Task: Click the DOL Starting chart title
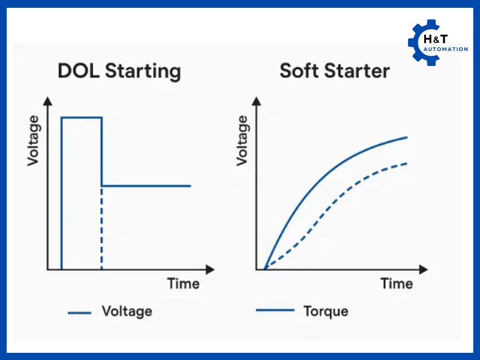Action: [x=119, y=71]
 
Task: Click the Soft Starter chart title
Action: [x=334, y=71]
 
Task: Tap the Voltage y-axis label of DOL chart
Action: [x=34, y=142]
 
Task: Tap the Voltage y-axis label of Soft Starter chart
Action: [x=242, y=142]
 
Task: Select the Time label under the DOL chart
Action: [x=183, y=283]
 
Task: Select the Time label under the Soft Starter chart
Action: [x=397, y=283]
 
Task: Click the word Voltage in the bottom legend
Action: [x=127, y=311]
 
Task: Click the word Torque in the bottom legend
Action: [x=326, y=311]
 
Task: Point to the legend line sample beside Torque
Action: [x=275, y=310]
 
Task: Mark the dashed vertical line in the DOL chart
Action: [x=101, y=228]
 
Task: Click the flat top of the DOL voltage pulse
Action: [x=82, y=118]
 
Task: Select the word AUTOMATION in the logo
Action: [x=446, y=49]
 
